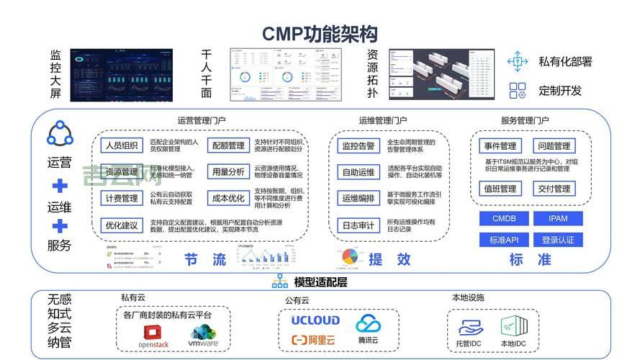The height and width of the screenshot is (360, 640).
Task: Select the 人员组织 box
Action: pyautogui.click(x=121, y=146)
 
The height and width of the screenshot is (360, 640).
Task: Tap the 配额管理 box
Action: pyautogui.click(x=228, y=146)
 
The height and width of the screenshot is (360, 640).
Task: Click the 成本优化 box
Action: pyautogui.click(x=228, y=198)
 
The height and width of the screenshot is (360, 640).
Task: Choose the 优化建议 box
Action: pyautogui.click(x=121, y=225)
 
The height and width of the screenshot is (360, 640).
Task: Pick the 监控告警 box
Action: pyautogui.click(x=358, y=146)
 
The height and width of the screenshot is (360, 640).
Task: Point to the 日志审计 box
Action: pyautogui.click(x=358, y=225)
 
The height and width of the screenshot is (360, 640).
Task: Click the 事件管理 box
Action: pyautogui.click(x=499, y=146)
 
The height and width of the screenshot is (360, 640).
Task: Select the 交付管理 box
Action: pyautogui.click(x=554, y=189)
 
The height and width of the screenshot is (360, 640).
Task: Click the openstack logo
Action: pyautogui.click(x=153, y=336)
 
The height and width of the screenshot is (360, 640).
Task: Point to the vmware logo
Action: pyautogui.click(x=204, y=336)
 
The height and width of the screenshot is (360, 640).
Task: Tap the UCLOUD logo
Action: pyautogui.click(x=315, y=320)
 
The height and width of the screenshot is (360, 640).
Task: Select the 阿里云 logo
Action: pyautogui.click(x=314, y=340)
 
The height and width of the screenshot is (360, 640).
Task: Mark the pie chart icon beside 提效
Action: pyautogui.click(x=350, y=257)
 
